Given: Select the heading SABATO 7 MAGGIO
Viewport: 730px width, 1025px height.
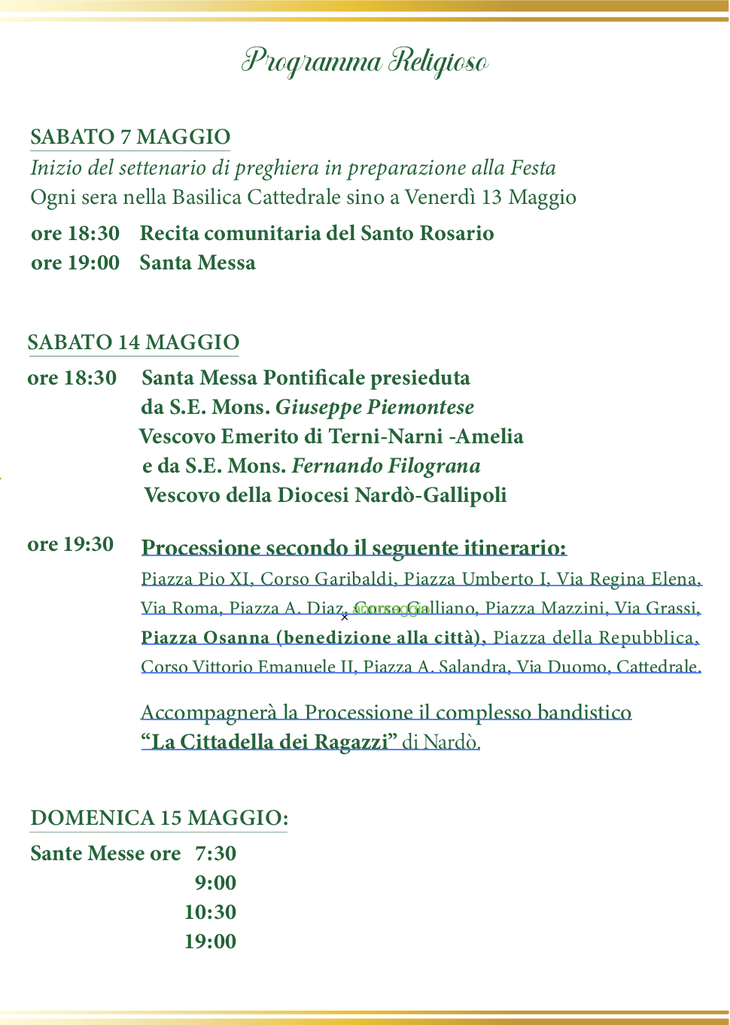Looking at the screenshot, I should click(130, 137).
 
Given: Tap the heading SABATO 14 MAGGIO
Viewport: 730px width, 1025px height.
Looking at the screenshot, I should click(133, 342).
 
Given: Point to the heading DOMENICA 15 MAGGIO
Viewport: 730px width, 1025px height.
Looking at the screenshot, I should click(159, 818).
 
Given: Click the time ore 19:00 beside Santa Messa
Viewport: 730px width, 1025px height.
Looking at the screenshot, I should click(75, 263).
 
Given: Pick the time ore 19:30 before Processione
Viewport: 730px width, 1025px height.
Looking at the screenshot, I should click(71, 544).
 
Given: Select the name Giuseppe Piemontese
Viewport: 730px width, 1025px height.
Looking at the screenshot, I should click(375, 407).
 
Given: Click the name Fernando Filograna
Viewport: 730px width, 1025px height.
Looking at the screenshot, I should click(386, 466).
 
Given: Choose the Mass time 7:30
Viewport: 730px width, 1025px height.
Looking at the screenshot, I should click(215, 853).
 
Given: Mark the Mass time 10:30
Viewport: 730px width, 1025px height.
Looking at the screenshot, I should click(210, 912).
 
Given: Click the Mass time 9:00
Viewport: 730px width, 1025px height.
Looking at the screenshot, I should click(215, 883).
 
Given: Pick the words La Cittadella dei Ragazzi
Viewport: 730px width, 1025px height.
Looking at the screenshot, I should click(269, 742).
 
